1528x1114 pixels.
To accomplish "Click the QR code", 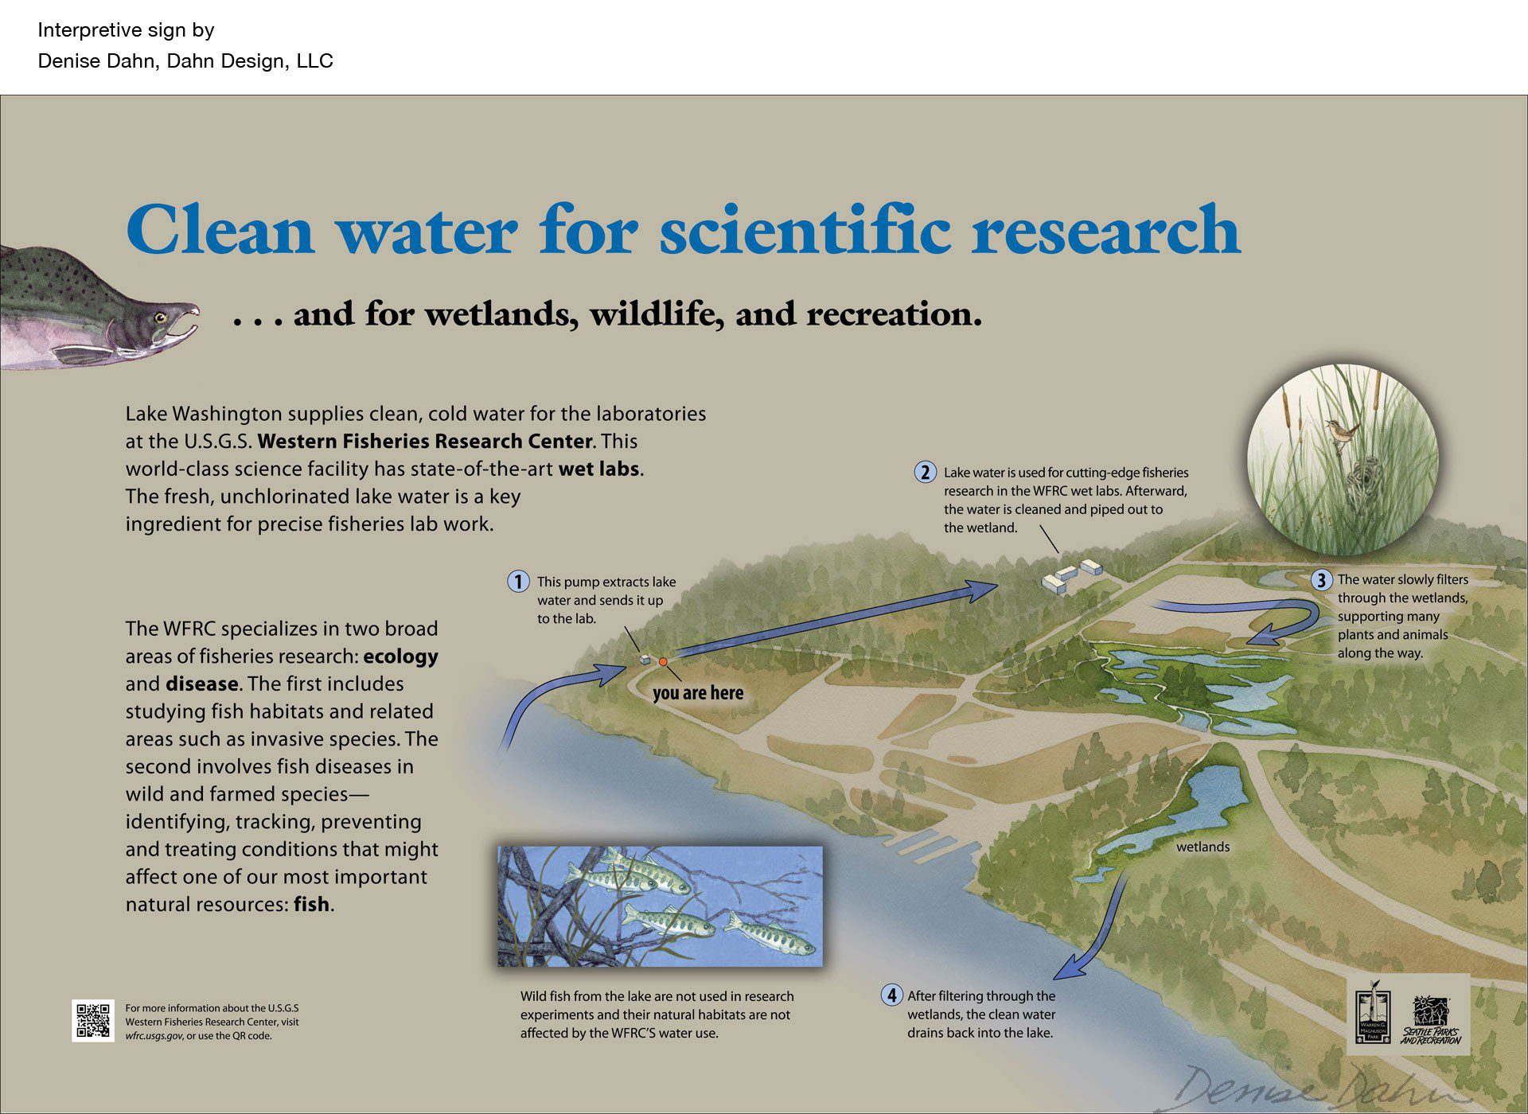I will tap(92, 1020).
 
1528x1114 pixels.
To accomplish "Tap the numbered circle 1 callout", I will tap(518, 582).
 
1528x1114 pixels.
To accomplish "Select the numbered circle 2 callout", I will tap(925, 473).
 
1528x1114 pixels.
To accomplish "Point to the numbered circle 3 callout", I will tap(1321, 580).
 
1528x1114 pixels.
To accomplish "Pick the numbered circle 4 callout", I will tap(891, 995).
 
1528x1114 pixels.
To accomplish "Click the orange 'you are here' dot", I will tap(662, 661).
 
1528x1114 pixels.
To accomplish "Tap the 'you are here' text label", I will tap(697, 693).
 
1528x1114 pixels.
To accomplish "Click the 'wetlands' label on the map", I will tap(1203, 847).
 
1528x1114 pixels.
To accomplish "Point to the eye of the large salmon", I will tap(160, 317).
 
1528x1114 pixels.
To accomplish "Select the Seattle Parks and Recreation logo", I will tap(1430, 1021).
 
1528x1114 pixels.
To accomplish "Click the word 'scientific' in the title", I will tap(805, 231).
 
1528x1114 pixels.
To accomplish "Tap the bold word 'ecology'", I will tap(400, 656).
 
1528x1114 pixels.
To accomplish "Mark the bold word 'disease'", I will tap(202, 684).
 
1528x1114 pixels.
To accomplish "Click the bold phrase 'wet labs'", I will tap(598, 469).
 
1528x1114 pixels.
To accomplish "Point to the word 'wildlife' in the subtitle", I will tap(657, 314).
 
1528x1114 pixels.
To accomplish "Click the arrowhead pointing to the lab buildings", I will tap(983, 589).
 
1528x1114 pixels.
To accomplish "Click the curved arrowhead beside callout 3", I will tap(1261, 637).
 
